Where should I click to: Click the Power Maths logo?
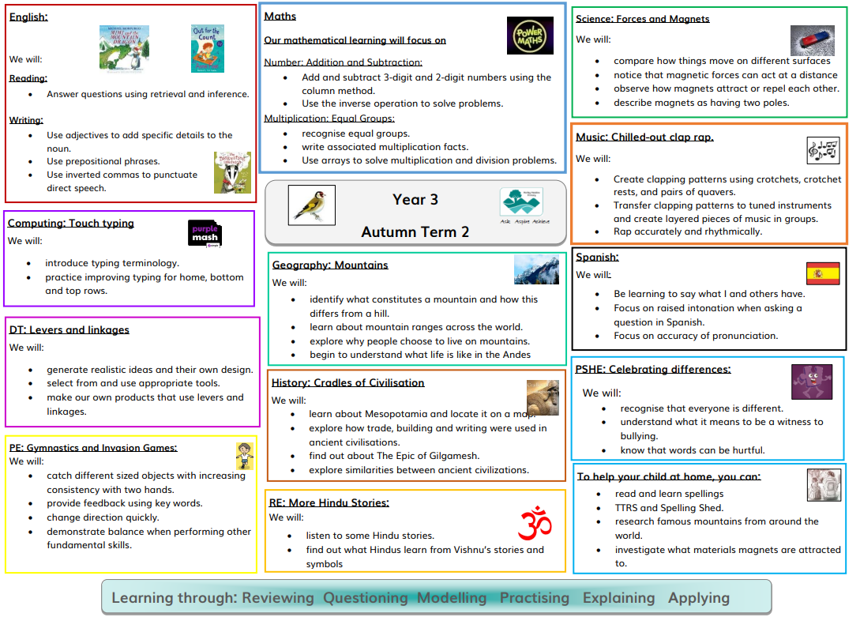click(529, 36)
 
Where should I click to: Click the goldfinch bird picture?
click(311, 205)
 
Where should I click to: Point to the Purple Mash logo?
click(205, 235)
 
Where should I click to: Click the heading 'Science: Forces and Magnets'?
click(642, 19)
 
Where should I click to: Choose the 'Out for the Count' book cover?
click(207, 47)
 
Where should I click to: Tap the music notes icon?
click(823, 149)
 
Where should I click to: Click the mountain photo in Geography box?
click(536, 269)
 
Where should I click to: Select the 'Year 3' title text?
click(415, 200)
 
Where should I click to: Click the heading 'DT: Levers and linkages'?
click(69, 330)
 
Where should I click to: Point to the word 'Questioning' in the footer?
click(365, 597)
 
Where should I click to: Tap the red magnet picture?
click(813, 40)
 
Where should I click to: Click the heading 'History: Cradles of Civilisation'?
click(347, 383)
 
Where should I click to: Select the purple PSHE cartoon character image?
click(812, 382)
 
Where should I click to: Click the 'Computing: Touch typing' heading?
click(71, 224)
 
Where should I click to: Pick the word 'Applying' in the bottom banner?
click(699, 597)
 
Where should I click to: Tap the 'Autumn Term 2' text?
click(415, 232)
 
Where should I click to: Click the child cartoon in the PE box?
click(243, 457)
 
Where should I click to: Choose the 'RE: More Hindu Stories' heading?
click(329, 502)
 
